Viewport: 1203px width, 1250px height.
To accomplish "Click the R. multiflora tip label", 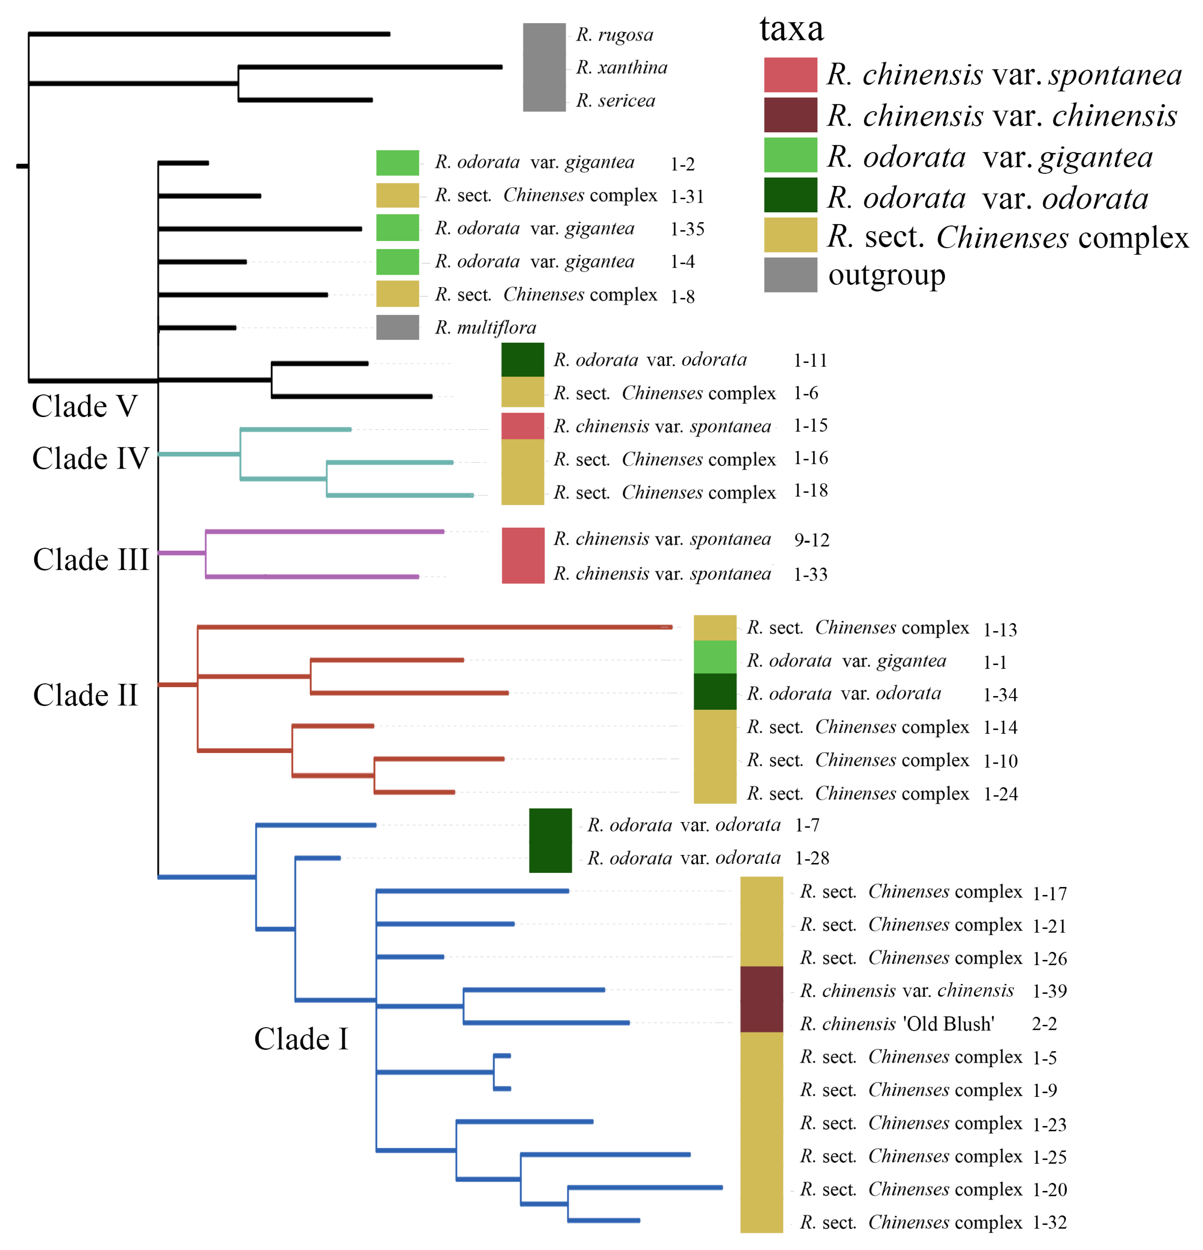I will click(x=485, y=328).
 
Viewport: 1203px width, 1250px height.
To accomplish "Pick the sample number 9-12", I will click(x=811, y=540).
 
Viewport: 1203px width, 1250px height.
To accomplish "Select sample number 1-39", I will click(x=1049, y=991).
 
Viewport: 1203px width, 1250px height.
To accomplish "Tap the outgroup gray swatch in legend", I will click(x=790, y=275).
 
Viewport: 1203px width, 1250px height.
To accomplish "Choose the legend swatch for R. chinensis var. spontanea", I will click(x=790, y=75).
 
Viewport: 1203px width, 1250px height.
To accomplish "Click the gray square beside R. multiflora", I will click(x=397, y=327).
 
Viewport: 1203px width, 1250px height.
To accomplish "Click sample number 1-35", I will click(x=687, y=229).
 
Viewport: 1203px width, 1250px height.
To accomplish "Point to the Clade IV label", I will click(x=91, y=458).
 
